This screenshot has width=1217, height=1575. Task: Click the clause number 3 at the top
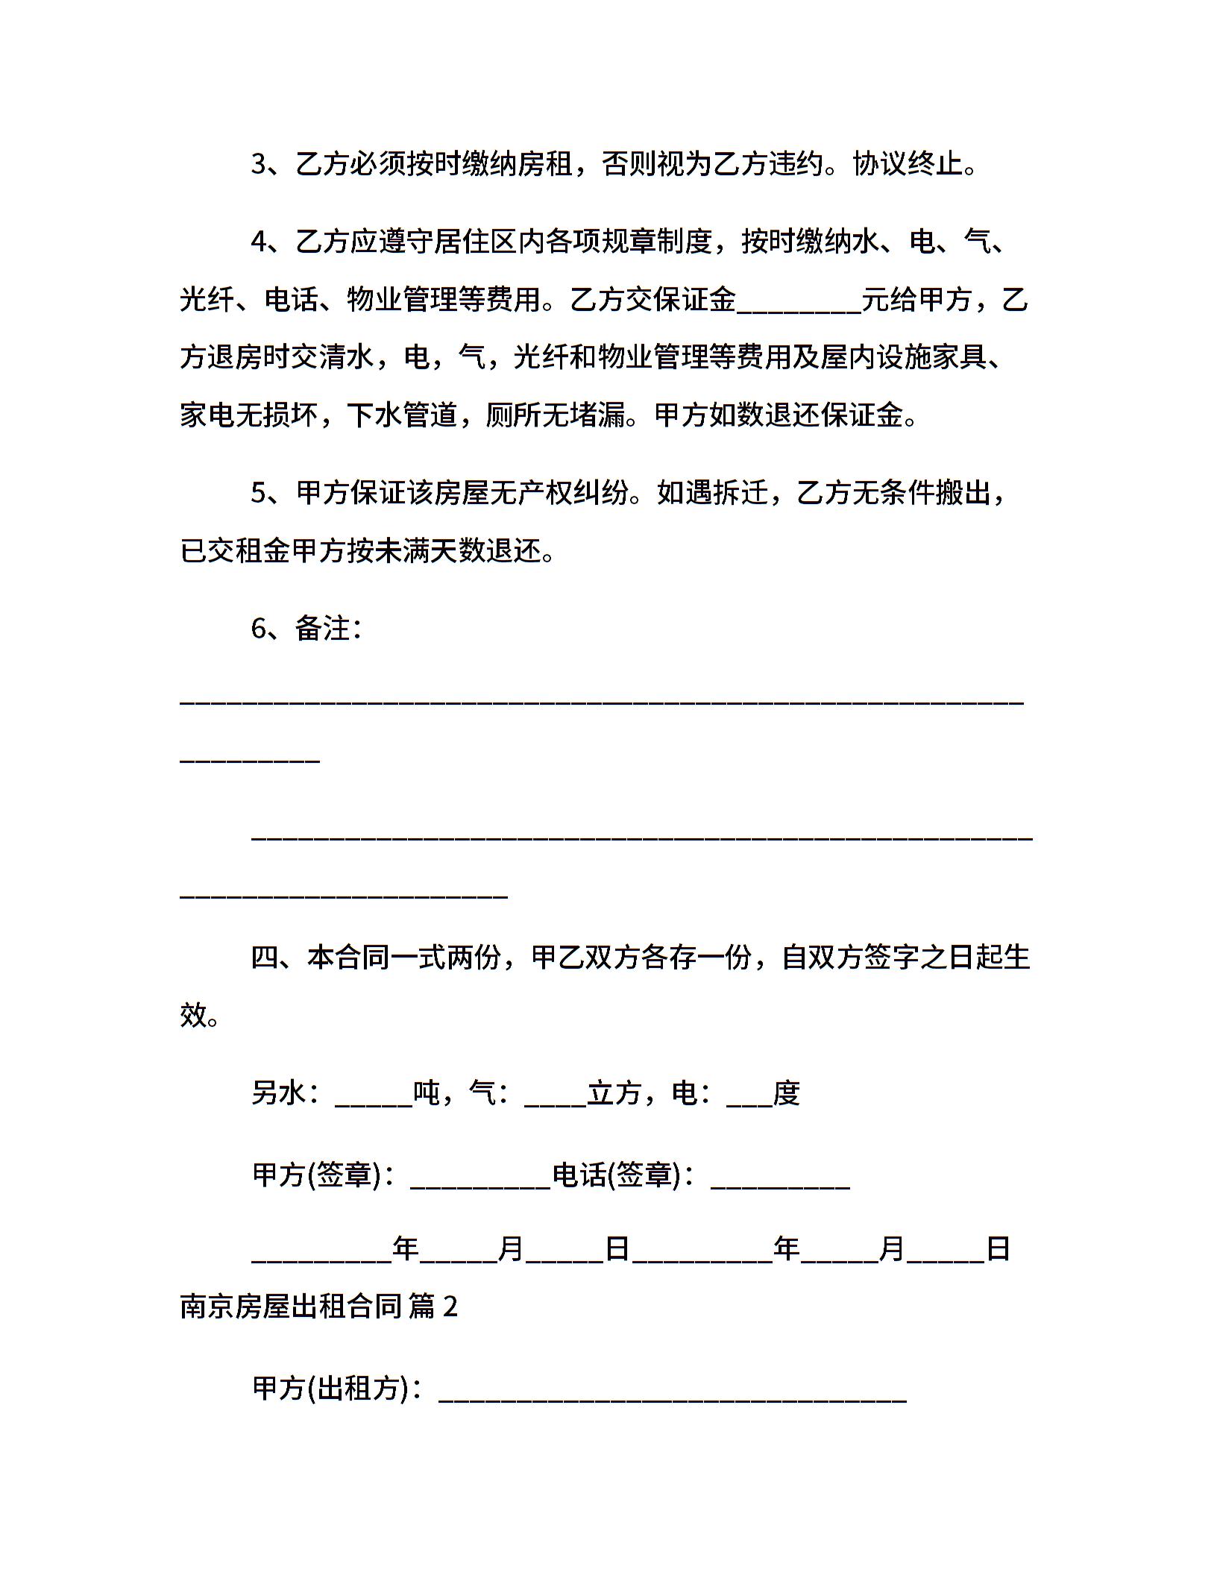click(259, 165)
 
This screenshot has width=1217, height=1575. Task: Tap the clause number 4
click(259, 242)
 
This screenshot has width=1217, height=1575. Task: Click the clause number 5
click(259, 493)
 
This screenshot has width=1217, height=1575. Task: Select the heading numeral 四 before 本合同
click(265, 957)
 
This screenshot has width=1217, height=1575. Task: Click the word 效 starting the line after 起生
click(193, 1015)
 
